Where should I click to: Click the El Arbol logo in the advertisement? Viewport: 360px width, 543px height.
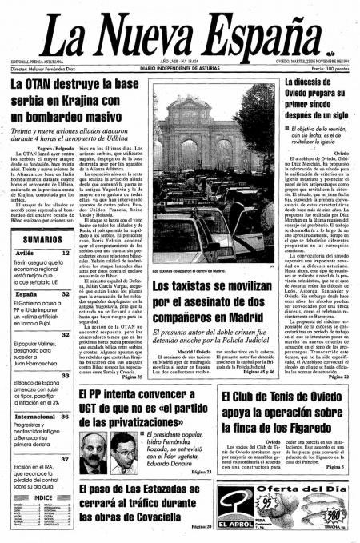point(238,522)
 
